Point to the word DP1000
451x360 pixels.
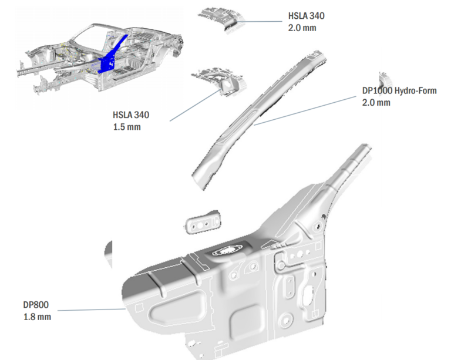point(376,91)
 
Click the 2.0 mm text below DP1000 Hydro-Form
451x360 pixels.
point(376,103)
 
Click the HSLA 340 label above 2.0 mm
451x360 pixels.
point(306,16)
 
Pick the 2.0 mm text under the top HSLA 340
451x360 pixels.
point(302,28)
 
